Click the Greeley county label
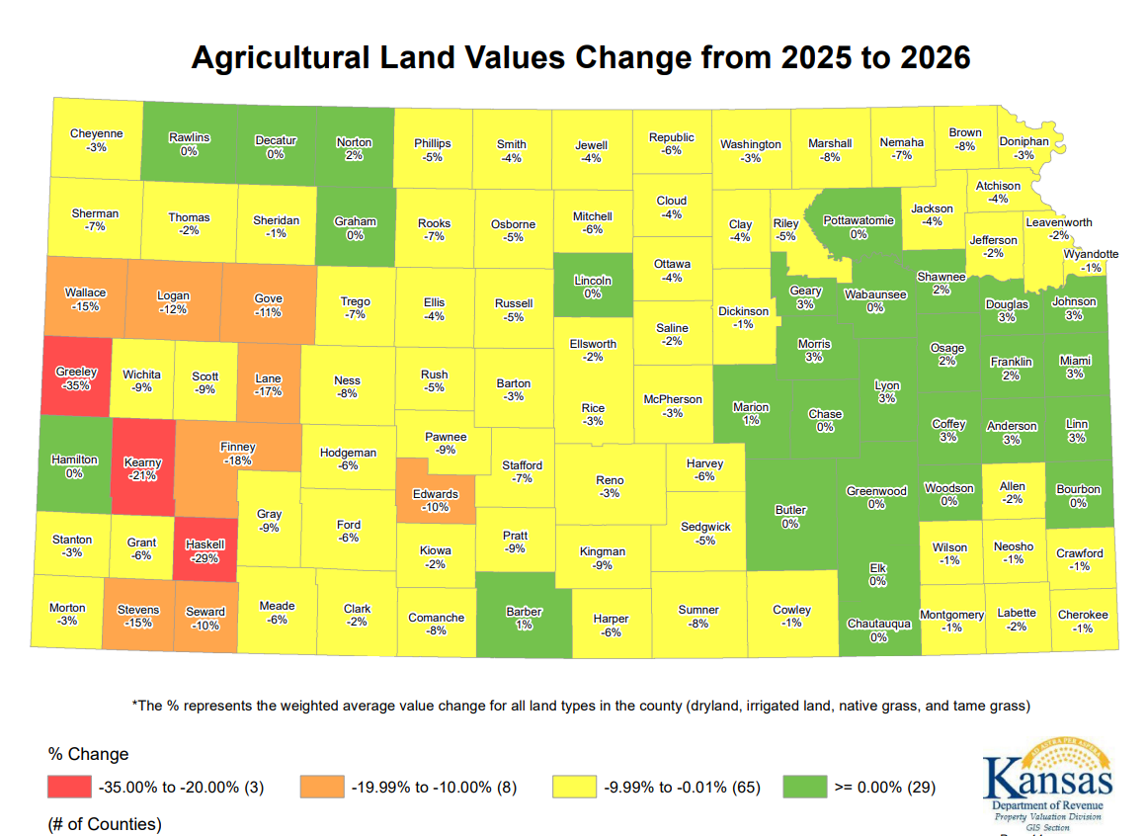(76, 372)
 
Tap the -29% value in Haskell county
(205, 558)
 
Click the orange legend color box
(321, 788)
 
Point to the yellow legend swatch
(574, 788)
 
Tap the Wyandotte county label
(1091, 254)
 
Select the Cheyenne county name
(97, 133)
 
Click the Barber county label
(524, 612)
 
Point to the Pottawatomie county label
(859, 220)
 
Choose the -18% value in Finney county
(237, 460)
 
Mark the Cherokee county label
(1083, 615)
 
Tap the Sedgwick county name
(705, 527)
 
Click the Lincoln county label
(593, 280)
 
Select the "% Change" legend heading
(88, 754)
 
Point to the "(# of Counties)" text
(104, 823)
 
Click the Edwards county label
(435, 494)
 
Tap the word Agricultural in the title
(287, 57)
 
